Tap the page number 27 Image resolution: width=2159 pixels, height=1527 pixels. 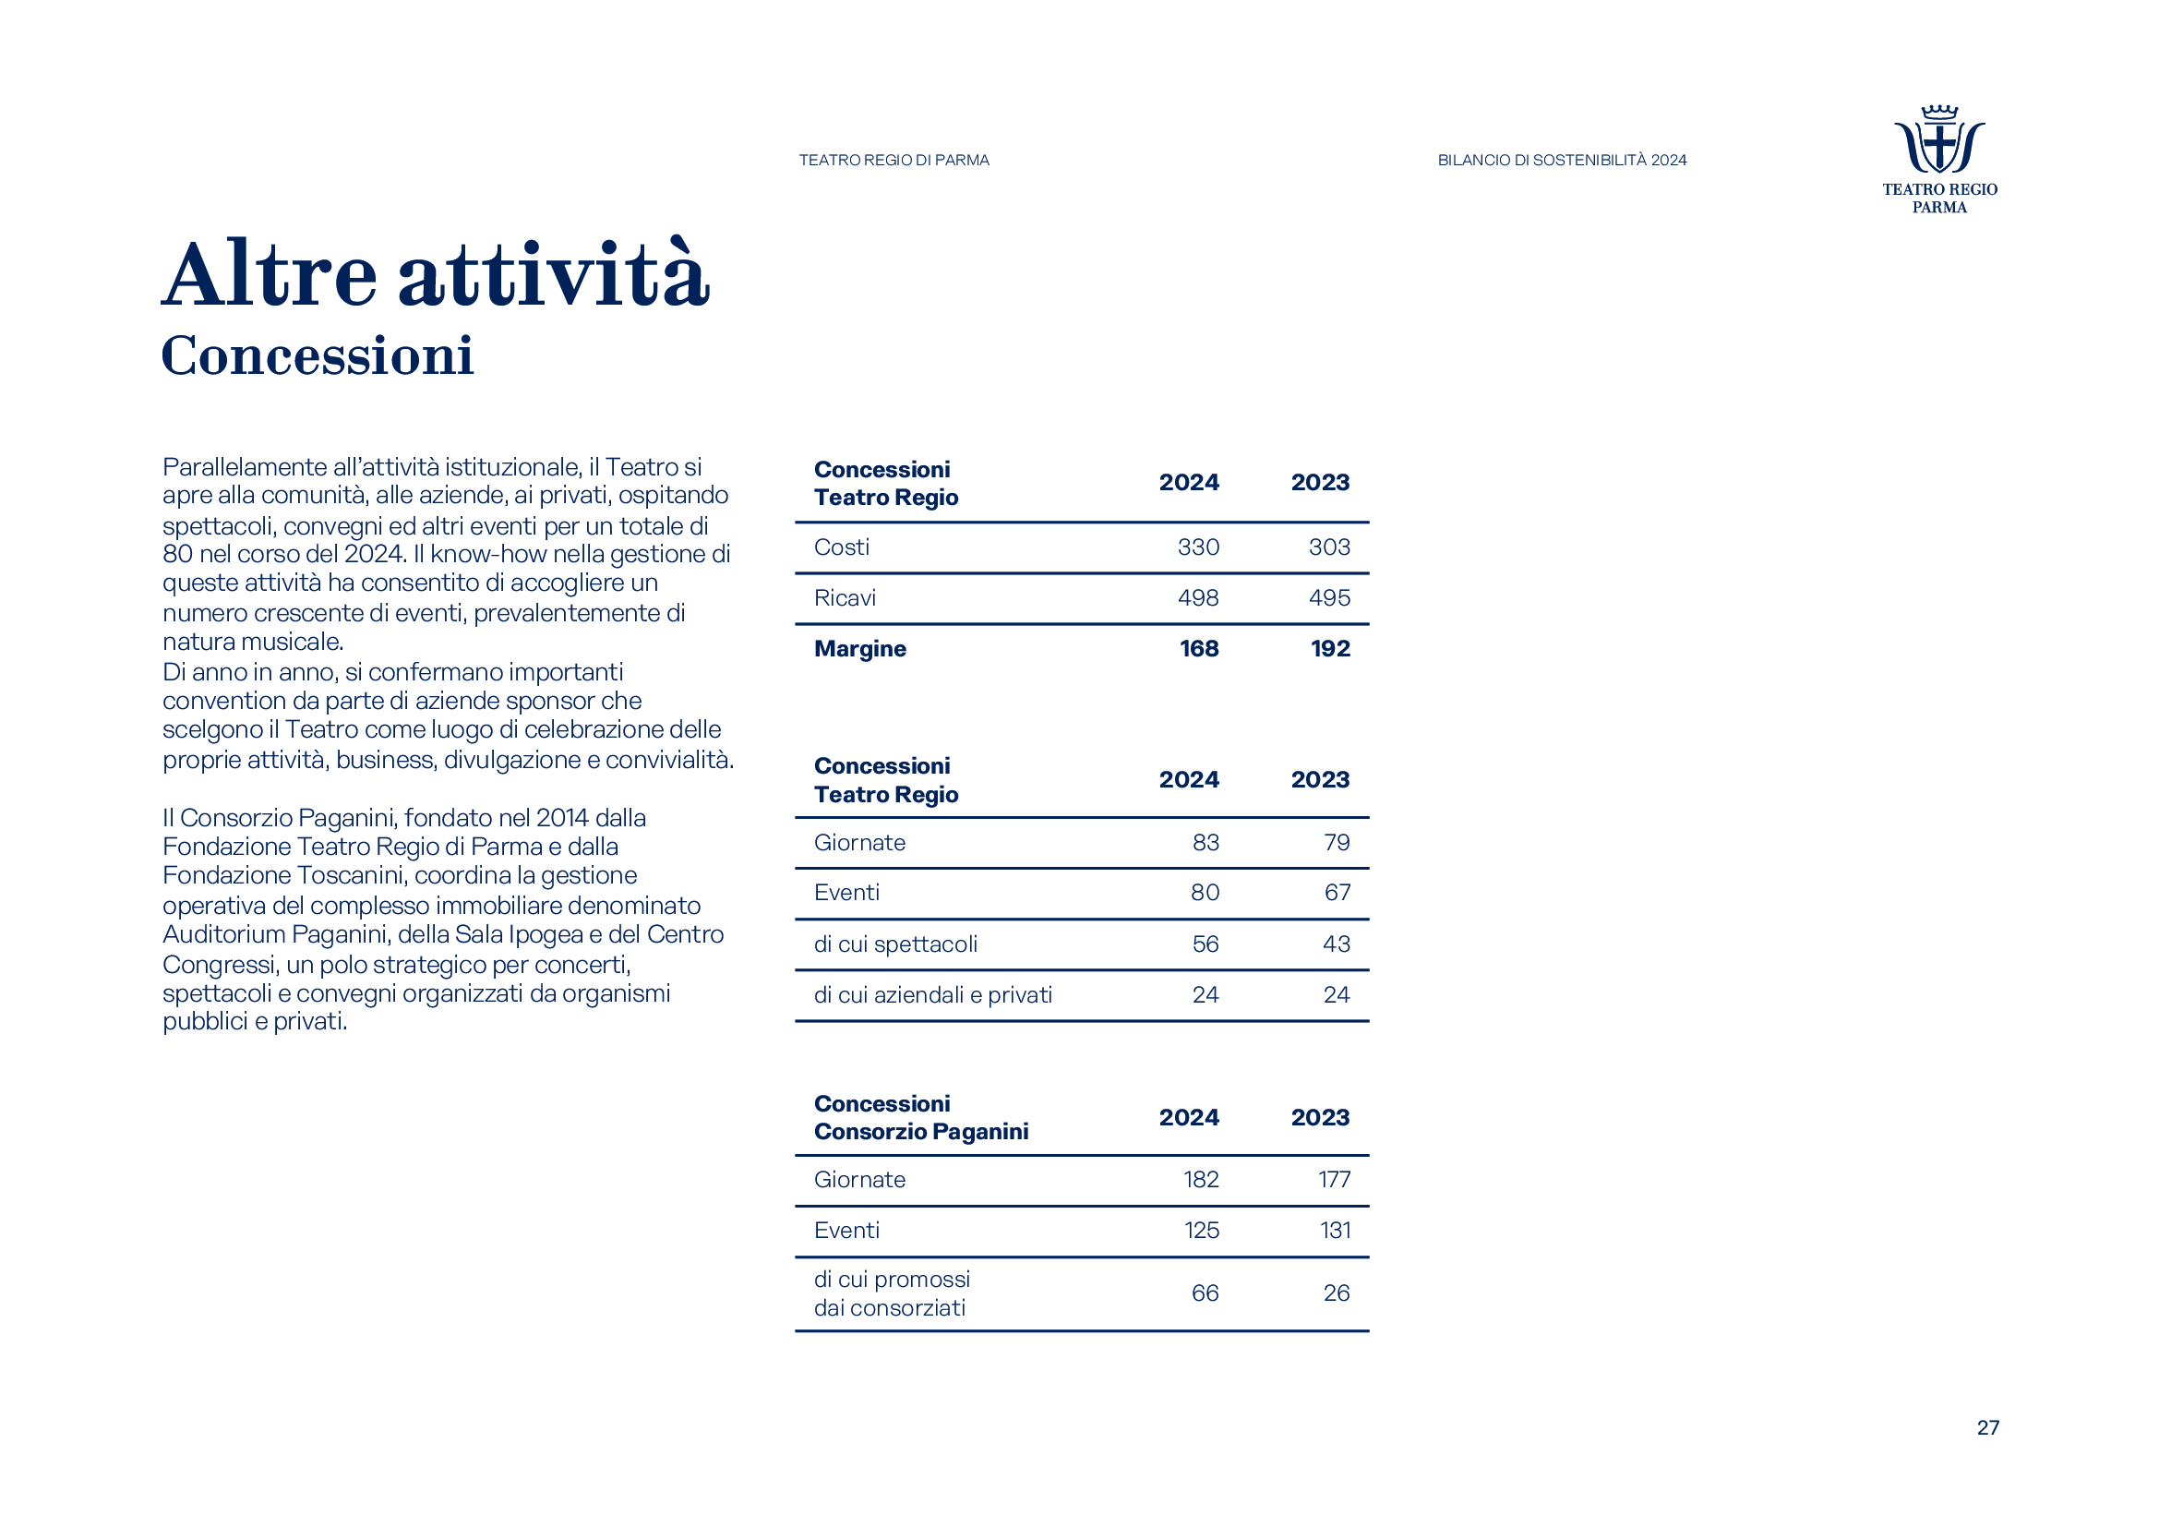[1987, 1427]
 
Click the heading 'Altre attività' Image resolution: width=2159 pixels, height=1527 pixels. [436, 274]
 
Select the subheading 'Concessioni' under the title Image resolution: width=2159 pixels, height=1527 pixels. [317, 355]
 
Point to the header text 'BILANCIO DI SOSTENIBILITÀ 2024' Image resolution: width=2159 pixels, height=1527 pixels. [1561, 160]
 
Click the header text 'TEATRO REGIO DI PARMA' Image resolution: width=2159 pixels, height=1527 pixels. [894, 160]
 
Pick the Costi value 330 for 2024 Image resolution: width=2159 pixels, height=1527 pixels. [1198, 547]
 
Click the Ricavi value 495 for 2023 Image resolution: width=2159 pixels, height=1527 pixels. [1328, 598]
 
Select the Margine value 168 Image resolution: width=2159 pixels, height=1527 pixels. [1199, 649]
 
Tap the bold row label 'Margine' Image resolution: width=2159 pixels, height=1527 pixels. [859, 649]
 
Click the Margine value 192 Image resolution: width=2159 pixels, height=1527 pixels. [1329, 649]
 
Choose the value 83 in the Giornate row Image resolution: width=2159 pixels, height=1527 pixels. [1205, 843]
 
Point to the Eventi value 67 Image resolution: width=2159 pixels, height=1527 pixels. [1337, 893]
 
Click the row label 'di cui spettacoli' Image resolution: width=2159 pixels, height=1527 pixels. [895, 944]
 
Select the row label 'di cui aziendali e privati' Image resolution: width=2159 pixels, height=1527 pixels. [932, 995]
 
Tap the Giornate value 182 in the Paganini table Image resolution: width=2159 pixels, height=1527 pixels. [1200, 1179]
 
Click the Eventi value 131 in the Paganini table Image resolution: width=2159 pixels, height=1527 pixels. [1335, 1230]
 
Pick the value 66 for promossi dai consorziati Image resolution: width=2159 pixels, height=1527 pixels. [1204, 1293]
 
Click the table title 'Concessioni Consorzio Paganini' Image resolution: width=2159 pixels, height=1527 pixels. [920, 1117]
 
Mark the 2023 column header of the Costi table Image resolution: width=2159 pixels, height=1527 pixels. [1319, 482]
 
